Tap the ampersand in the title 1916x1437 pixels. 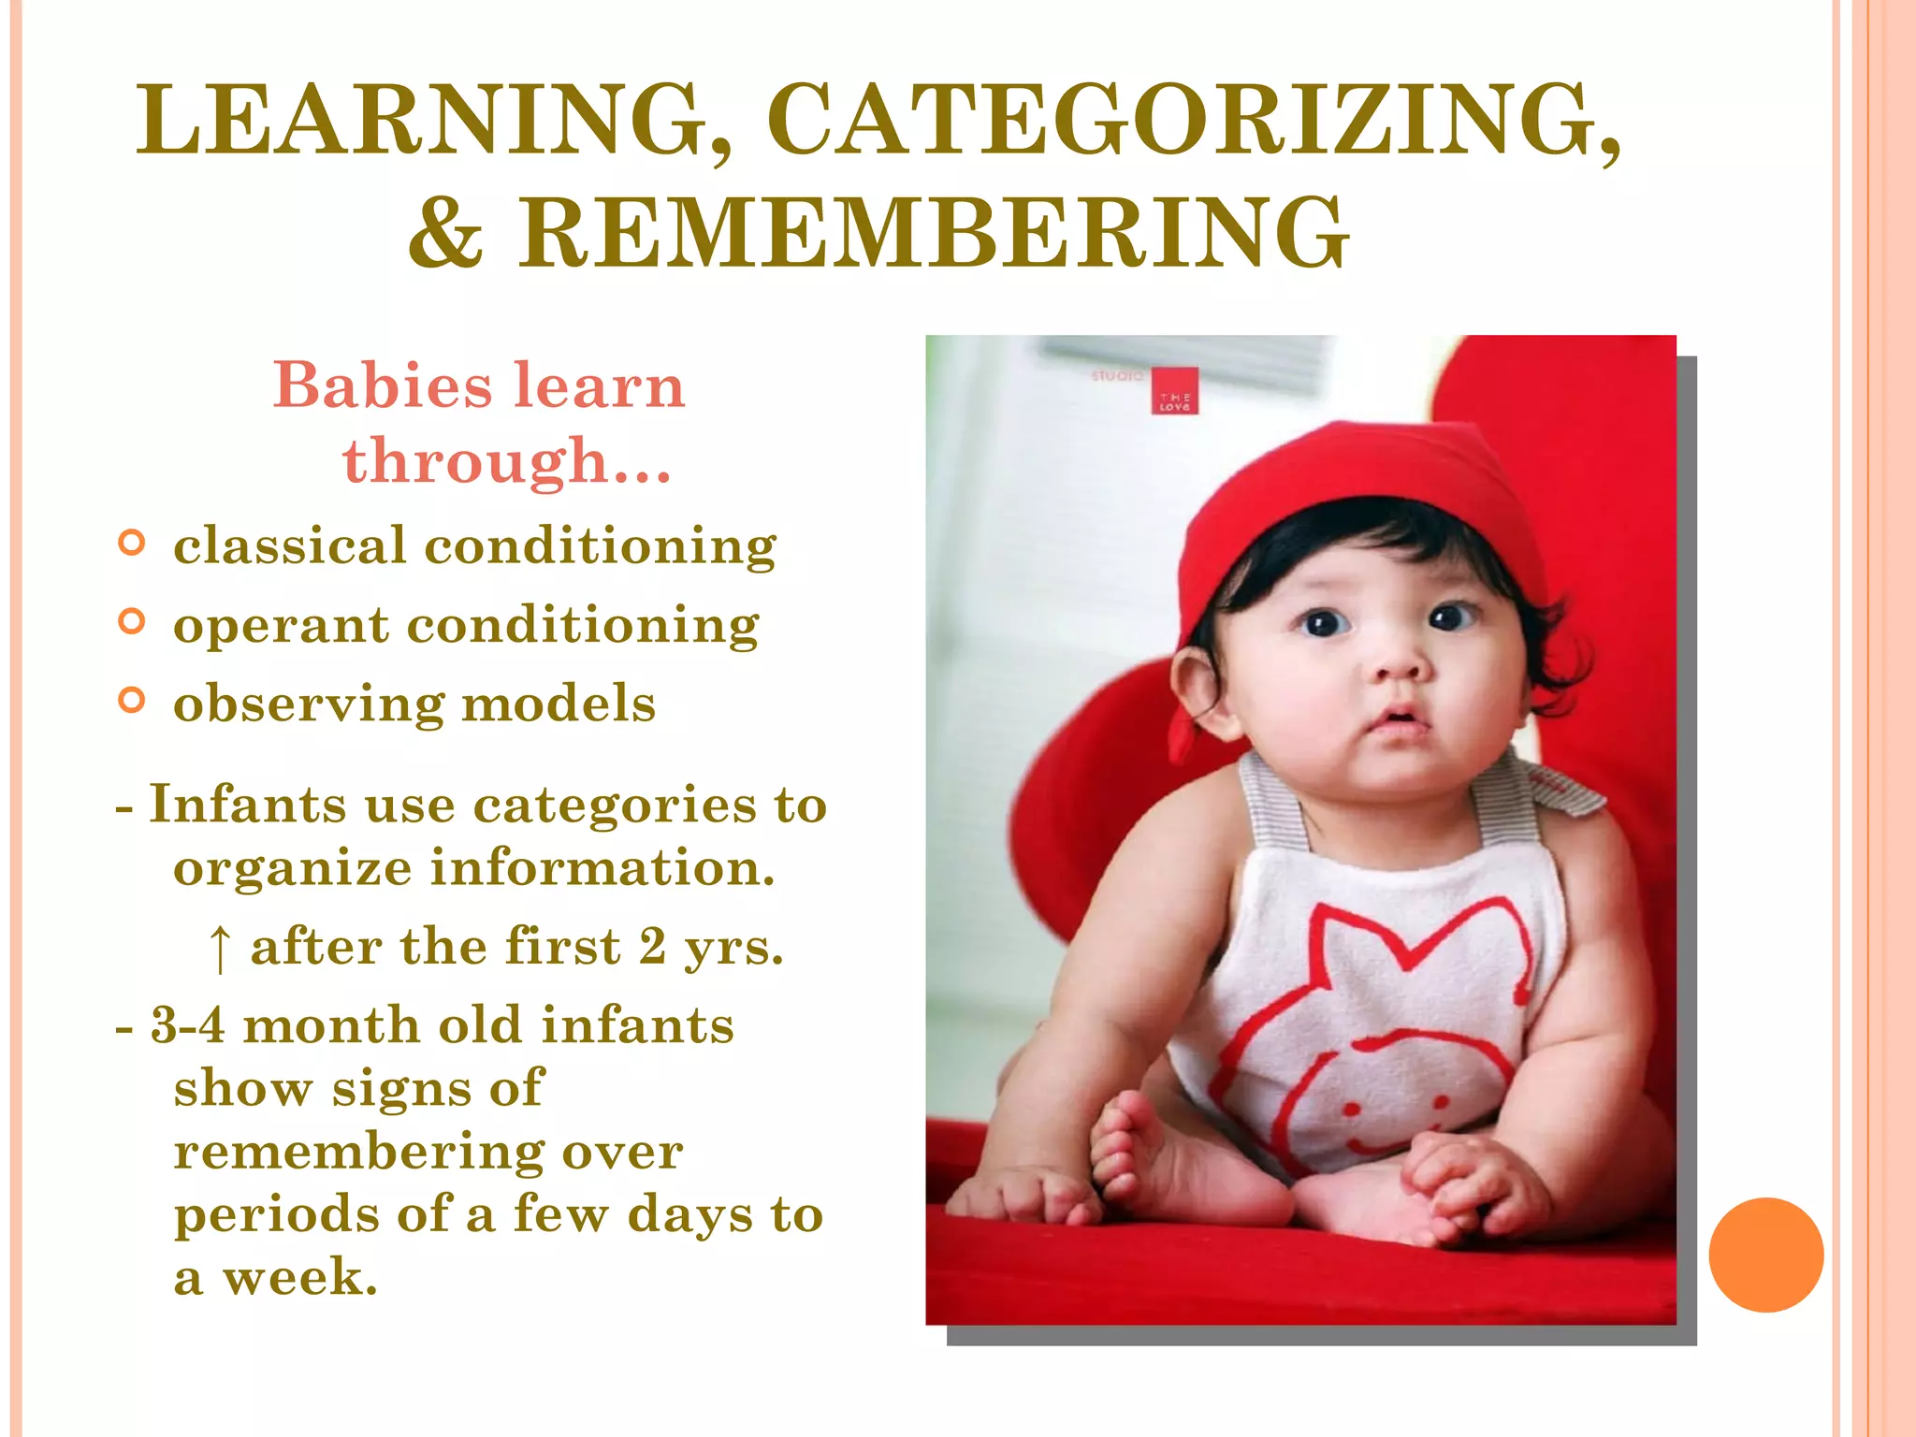(x=446, y=234)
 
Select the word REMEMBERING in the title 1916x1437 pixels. (x=934, y=234)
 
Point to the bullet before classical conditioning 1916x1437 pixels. (x=132, y=543)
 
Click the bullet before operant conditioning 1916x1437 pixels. (x=132, y=621)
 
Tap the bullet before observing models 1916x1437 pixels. (x=132, y=701)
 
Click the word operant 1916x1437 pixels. (x=281, y=625)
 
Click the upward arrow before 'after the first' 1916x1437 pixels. (x=219, y=949)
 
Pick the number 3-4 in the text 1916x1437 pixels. (x=187, y=1025)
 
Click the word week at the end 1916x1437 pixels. (x=299, y=1278)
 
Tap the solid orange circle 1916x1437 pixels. (x=1765, y=1255)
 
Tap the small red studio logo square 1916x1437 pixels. (x=1174, y=391)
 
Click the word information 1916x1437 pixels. (x=602, y=868)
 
